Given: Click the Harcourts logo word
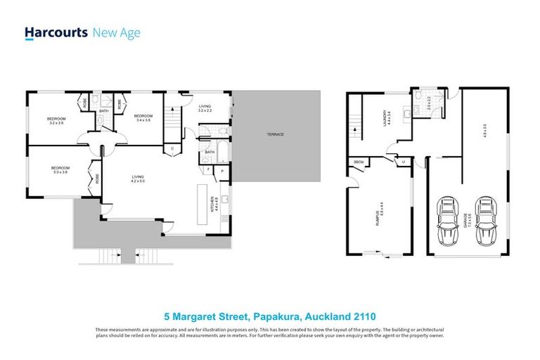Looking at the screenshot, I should click(x=56, y=32).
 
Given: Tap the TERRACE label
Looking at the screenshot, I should click(x=275, y=134).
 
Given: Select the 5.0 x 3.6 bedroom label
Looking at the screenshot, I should click(x=59, y=170).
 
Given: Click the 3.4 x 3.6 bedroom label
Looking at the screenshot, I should click(x=144, y=117).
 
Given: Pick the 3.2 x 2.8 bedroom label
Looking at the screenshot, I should click(x=56, y=121).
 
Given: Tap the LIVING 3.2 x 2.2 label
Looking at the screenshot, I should click(x=205, y=109).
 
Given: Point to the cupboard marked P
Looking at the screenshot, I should click(x=222, y=170).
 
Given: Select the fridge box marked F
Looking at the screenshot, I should click(x=208, y=170).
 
